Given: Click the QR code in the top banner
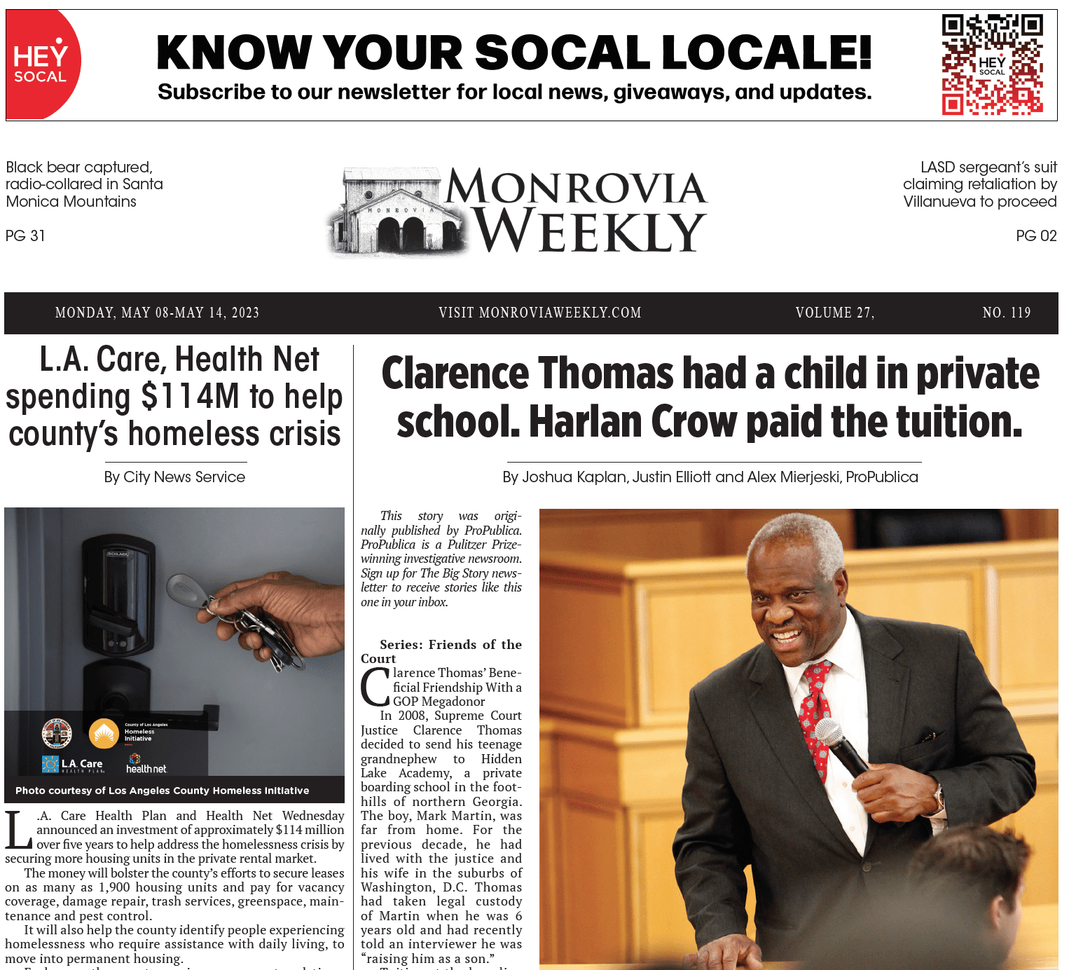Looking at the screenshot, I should click(992, 64).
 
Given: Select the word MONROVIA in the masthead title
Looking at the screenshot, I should click(576, 188).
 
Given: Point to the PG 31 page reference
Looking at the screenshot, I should click(25, 236).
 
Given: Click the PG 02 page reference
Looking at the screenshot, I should click(1036, 236).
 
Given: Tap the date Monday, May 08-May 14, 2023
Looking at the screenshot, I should click(157, 313).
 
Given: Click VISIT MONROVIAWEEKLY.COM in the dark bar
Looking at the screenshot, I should click(540, 313).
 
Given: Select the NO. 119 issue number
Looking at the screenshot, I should click(1007, 313).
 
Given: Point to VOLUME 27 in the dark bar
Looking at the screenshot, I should click(834, 313).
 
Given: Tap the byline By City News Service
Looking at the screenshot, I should click(174, 477).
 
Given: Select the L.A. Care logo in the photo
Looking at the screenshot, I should click(73, 764).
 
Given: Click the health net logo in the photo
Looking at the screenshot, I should click(146, 765).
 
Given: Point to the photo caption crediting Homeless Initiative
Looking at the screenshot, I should click(163, 791).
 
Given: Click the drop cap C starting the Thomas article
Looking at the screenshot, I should click(375, 688).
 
